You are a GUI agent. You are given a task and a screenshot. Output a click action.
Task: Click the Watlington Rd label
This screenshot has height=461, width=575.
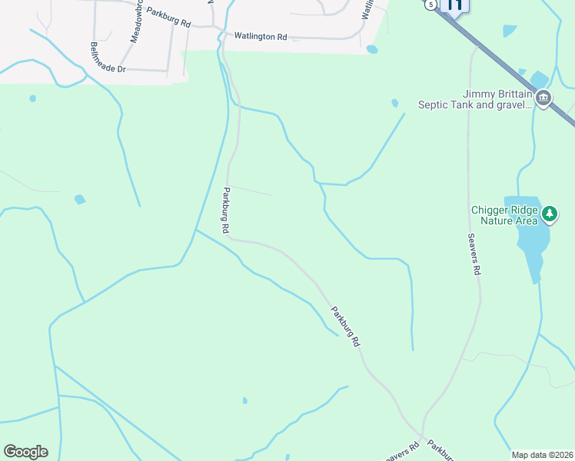260,36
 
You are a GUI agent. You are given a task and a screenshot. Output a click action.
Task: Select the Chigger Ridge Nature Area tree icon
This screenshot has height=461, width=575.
550,214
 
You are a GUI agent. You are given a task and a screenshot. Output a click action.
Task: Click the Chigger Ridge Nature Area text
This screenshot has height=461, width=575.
504,215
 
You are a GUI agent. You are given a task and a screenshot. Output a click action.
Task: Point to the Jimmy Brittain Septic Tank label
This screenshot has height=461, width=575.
474,99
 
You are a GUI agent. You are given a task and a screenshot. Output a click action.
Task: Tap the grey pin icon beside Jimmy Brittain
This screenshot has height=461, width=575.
543,98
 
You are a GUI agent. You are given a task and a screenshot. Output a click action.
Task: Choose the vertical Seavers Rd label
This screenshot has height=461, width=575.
475,254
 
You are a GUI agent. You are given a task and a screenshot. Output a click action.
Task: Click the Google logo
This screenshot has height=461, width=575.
25,452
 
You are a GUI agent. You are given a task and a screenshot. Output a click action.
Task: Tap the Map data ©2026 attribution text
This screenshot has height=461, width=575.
541,455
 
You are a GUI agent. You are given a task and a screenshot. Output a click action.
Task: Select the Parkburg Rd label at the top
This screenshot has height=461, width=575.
168,18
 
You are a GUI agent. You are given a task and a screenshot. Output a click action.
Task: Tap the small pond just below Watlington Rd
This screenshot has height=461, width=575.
372,49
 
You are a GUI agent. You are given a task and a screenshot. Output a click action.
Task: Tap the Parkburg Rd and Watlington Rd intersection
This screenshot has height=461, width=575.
220,35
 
